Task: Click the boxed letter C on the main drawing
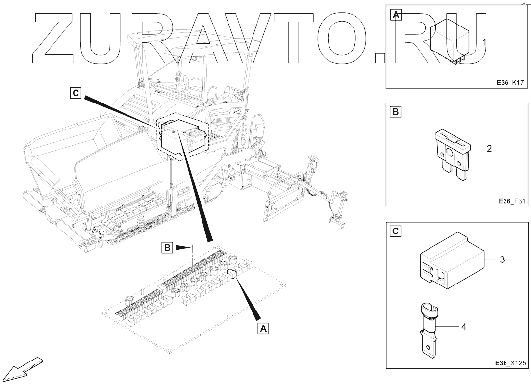tap(75, 93)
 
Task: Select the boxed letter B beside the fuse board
tap(167, 248)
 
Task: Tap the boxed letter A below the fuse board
tap(263, 328)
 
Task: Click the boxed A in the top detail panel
tap(396, 15)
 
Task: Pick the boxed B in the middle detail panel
tap(396, 112)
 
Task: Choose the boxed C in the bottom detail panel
tap(396, 230)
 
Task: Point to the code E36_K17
tap(511, 83)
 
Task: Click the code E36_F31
tap(512, 201)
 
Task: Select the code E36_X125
tap(510, 363)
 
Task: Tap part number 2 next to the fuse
tap(489, 148)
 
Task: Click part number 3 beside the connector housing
tap(502, 259)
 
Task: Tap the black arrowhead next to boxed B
tap(182, 248)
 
